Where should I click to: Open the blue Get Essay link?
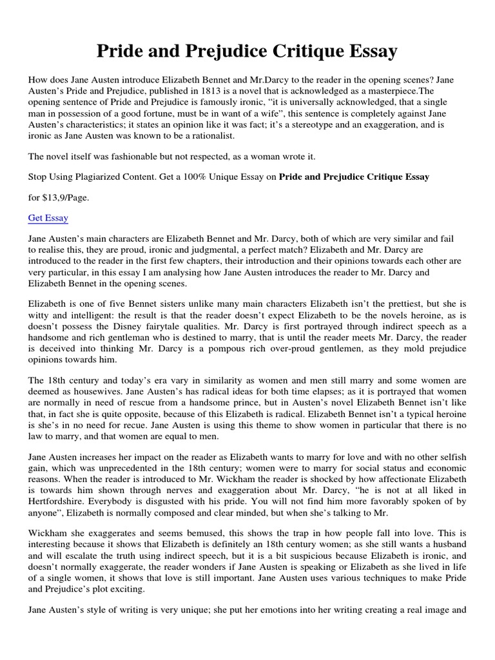click(48, 218)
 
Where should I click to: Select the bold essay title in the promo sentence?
click(354, 177)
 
